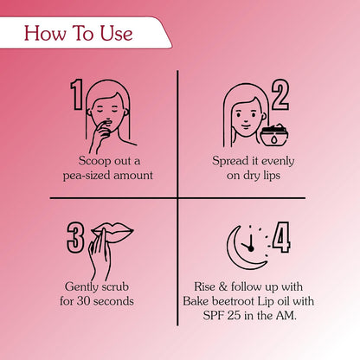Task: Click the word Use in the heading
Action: coord(117,33)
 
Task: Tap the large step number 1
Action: coord(76,94)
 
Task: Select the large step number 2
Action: coord(280,94)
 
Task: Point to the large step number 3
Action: coord(75,238)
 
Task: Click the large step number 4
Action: coord(281,237)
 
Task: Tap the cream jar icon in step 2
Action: coord(273,135)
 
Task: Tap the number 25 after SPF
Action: coord(234,315)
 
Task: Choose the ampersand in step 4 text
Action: coord(223,287)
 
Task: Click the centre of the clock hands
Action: coord(250,248)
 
